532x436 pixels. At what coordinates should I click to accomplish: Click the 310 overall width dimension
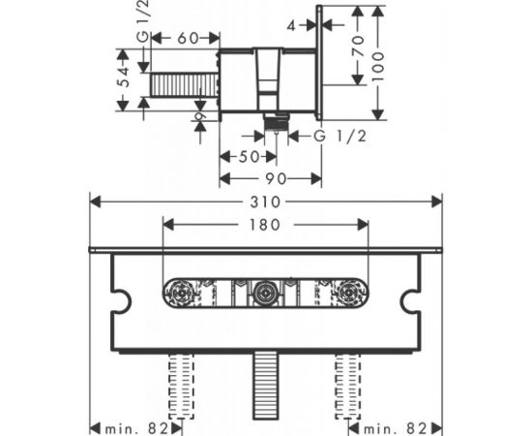[x=265, y=202]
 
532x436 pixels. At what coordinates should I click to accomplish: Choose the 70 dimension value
[x=358, y=45]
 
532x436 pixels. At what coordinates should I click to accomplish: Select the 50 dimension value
[x=250, y=157]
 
